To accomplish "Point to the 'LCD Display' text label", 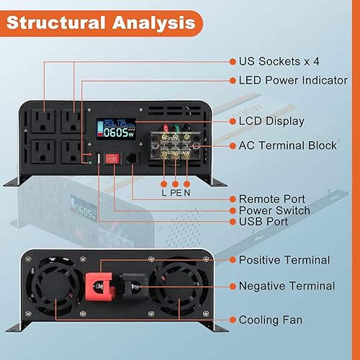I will point(271,121).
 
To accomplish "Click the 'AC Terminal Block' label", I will point(287,145).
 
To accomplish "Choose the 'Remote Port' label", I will point(271,198).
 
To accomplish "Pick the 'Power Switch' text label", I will point(274,210).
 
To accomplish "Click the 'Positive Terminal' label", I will point(284,259).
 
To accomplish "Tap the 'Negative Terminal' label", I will point(287,286).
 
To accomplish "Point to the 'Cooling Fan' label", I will point(271,319).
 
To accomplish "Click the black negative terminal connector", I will point(132,289).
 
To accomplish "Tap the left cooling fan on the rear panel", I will point(53,288).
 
